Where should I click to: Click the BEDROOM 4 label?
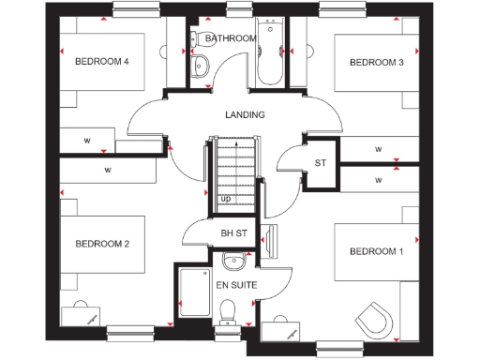[x=100, y=62]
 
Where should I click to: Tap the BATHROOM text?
[x=231, y=38]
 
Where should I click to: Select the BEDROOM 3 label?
[x=376, y=63]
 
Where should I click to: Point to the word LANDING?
[x=245, y=114]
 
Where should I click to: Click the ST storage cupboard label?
[x=320, y=162]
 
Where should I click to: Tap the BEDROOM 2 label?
[x=101, y=244]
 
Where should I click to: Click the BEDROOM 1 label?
[x=376, y=251]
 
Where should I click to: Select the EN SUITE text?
[x=235, y=283]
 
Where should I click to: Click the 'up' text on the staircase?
[x=225, y=199]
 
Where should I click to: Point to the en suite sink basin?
[x=232, y=261]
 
